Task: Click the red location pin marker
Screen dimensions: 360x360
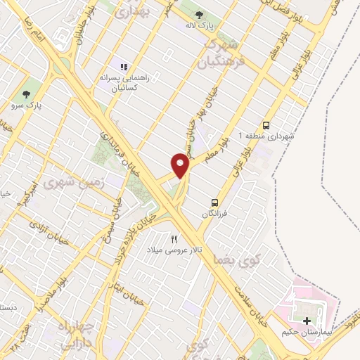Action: pos(181,165)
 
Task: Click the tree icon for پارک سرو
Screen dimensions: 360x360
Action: pos(27,94)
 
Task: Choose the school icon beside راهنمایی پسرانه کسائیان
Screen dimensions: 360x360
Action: pos(123,67)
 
